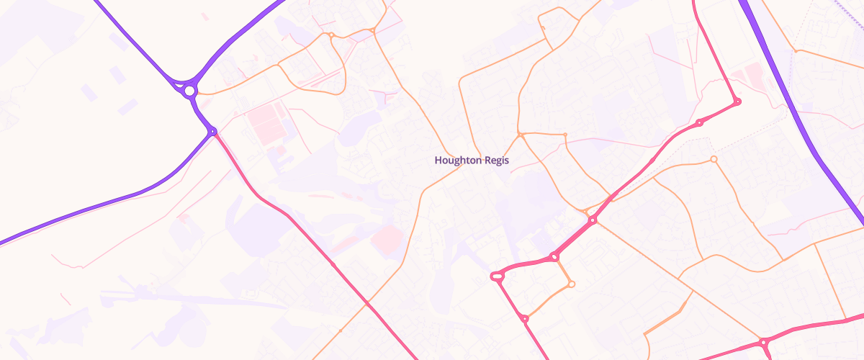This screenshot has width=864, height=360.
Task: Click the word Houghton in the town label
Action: (458, 161)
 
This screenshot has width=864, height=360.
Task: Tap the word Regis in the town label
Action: (496, 161)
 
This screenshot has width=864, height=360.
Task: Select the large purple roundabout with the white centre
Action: (189, 91)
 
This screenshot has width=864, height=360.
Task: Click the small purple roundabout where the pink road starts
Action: (212, 131)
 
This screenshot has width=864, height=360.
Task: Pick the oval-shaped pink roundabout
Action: (497, 276)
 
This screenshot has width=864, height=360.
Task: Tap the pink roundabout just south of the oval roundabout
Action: (525, 318)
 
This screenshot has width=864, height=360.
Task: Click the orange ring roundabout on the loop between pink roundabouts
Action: (571, 284)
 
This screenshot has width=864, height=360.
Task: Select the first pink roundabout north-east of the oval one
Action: (554, 256)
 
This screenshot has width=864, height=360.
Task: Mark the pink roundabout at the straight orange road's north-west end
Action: (592, 220)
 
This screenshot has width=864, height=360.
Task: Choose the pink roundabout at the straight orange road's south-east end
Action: (762, 343)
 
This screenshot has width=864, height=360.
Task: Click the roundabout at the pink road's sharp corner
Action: (737, 102)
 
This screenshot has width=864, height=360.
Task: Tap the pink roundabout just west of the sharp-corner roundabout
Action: (699, 123)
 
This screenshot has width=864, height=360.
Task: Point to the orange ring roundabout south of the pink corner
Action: (714, 159)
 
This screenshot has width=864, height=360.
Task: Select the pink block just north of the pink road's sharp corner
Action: (752, 75)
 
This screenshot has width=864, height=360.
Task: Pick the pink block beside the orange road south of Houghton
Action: (387, 238)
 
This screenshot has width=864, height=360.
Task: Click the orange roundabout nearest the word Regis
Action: (520, 135)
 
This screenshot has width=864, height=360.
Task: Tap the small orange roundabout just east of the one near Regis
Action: (565, 135)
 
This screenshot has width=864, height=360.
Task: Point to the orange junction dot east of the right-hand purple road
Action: (795, 50)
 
